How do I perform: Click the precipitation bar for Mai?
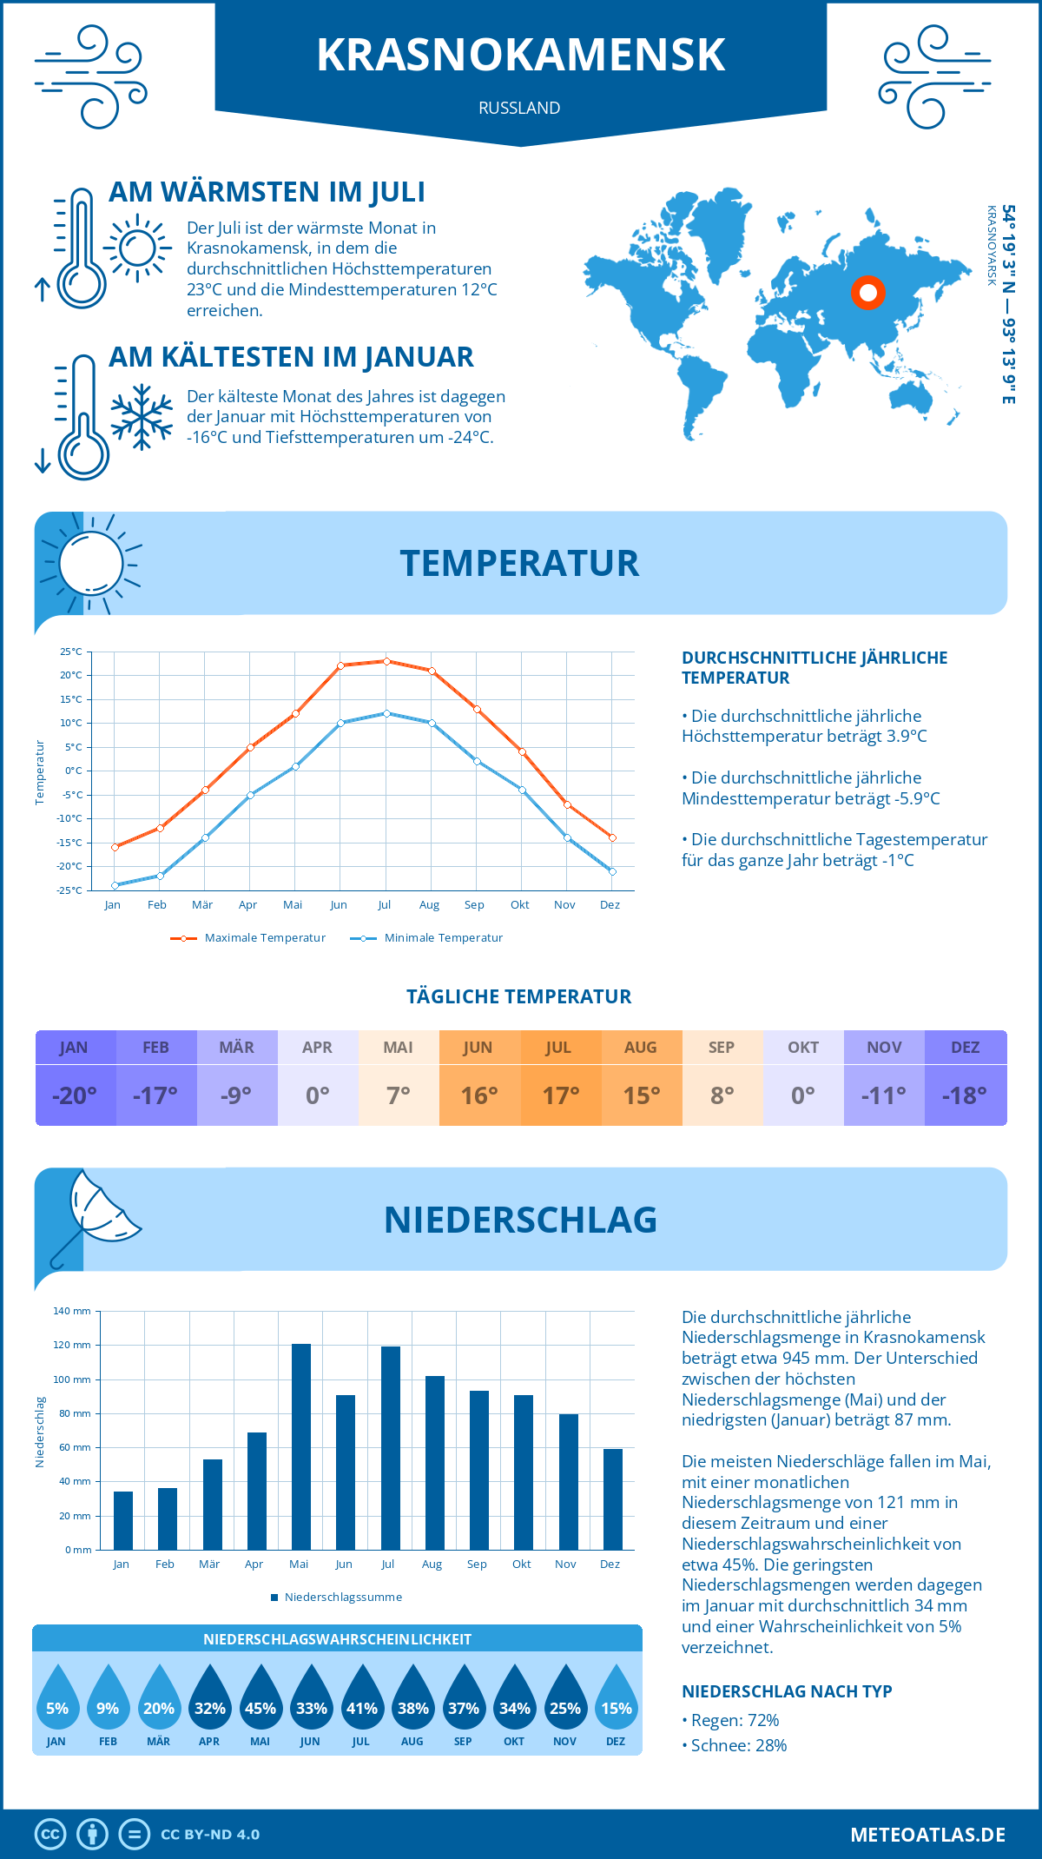click(300, 1446)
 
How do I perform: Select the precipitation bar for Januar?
click(123, 1520)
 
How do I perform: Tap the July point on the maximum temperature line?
click(386, 661)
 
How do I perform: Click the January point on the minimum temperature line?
click(115, 885)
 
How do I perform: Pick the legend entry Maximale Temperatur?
click(248, 938)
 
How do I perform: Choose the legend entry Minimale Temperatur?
click(427, 938)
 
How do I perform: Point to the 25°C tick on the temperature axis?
click(71, 652)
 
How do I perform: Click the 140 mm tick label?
click(72, 1311)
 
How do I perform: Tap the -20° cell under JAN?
click(75, 1095)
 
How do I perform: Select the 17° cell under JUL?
click(561, 1095)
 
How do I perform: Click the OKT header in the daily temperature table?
click(803, 1048)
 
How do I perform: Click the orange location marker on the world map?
click(868, 293)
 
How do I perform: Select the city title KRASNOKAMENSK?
click(520, 55)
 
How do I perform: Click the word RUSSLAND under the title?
click(519, 108)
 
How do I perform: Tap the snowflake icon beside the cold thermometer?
click(142, 417)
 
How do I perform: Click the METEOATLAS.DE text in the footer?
click(927, 1835)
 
